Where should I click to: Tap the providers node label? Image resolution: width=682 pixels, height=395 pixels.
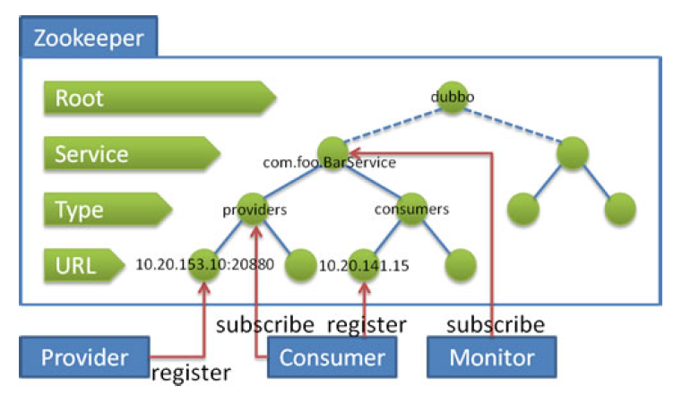(255, 210)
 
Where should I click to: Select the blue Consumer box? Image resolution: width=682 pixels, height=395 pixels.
(332, 358)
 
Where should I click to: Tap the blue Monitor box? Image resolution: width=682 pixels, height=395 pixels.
(491, 358)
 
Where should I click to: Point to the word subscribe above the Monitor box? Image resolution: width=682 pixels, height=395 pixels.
(496, 323)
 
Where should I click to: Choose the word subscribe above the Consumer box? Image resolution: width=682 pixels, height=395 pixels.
(264, 323)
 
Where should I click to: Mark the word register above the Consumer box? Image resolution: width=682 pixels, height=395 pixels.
(367, 323)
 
